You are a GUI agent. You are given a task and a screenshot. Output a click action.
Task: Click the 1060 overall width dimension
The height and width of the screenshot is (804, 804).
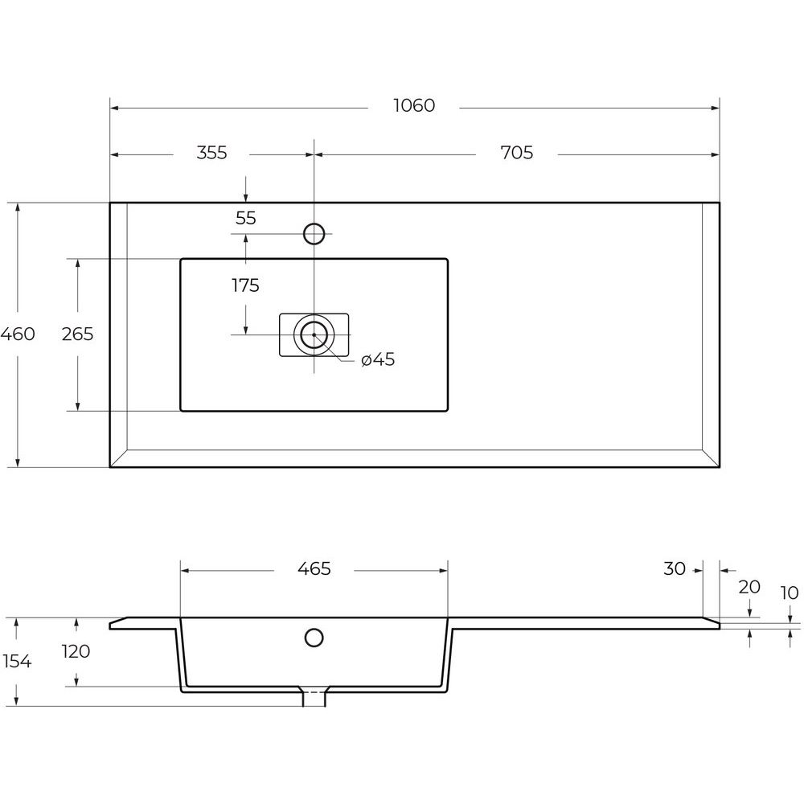414,105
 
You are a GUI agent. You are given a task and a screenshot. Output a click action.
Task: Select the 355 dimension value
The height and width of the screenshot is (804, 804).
211,153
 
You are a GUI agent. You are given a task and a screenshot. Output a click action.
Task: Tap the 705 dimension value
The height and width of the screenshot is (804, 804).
517,153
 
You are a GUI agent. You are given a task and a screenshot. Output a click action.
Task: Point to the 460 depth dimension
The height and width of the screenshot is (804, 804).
18,334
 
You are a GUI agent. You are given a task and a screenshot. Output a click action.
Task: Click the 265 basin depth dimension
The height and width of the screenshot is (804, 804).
77,334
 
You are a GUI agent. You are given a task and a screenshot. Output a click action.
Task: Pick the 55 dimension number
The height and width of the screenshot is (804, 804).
245,218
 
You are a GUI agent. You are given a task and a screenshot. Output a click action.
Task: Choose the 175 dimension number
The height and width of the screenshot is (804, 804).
245,285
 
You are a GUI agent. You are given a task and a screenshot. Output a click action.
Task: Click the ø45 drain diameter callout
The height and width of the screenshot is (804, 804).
378,359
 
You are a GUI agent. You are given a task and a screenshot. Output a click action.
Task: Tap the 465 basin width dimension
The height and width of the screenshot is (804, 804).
314,568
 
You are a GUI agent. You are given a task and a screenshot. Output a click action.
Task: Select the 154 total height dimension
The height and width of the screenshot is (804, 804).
18,662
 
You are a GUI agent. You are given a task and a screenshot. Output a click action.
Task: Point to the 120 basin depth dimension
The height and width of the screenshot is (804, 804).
76,651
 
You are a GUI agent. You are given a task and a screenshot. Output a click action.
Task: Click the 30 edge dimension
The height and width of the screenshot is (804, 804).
675,568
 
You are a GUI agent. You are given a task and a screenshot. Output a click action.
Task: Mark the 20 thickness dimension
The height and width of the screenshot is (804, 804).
749,587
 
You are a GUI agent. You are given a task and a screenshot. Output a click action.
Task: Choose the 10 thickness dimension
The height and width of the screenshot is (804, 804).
790,593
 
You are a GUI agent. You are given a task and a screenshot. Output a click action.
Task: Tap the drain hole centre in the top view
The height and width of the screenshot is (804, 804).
314,334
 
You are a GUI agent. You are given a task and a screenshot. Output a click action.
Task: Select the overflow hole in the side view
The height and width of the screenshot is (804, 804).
314,638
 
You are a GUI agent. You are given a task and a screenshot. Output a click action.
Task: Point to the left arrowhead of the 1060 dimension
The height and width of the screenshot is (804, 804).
115,109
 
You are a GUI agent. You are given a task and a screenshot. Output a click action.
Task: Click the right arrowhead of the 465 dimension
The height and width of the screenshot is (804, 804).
443,571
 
